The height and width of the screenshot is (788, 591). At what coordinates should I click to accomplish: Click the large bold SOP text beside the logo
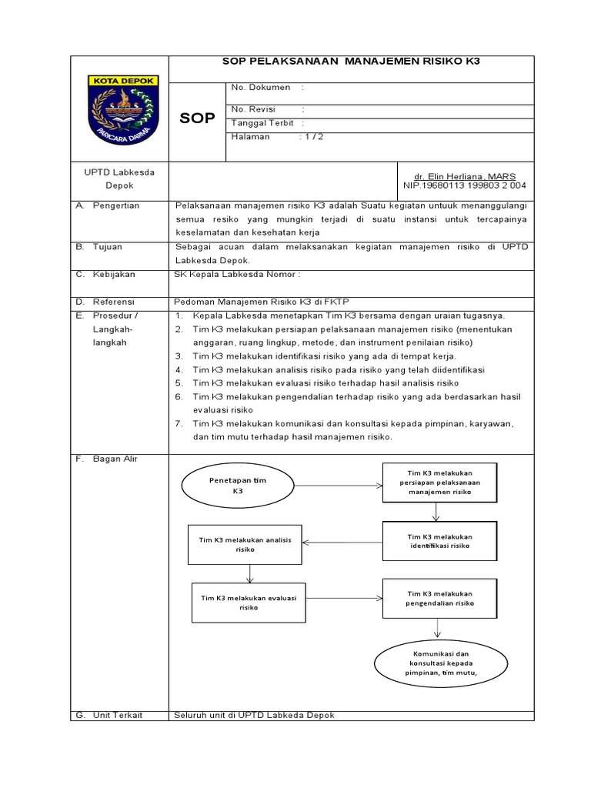(198, 118)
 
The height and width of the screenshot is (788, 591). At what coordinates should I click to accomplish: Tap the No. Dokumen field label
(261, 88)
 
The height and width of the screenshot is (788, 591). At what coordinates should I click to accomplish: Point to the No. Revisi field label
(253, 109)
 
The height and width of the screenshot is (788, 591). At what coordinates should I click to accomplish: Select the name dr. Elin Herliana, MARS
(465, 176)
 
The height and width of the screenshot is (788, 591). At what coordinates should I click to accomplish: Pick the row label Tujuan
(108, 248)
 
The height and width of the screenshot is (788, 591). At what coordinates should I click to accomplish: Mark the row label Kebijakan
(114, 273)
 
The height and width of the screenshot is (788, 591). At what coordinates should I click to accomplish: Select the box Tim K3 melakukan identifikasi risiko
(439, 540)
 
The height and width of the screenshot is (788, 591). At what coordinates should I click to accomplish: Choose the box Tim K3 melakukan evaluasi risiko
(248, 602)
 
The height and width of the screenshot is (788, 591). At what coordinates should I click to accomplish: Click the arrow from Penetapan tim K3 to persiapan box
(338, 485)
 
